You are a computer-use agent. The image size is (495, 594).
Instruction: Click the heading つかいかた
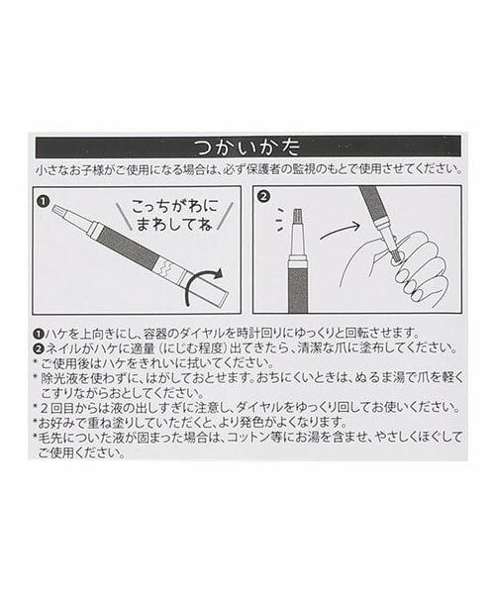click(247, 147)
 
